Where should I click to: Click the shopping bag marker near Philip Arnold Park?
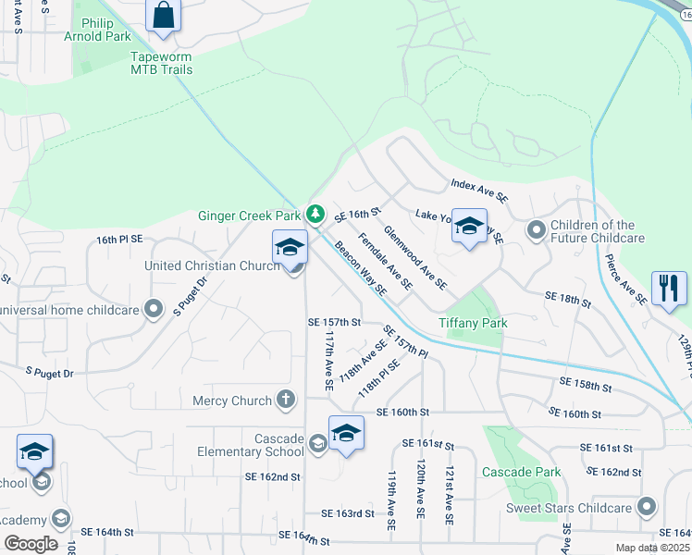(x=163, y=16)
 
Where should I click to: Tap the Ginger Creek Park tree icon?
(x=315, y=215)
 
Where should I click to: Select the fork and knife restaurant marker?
(x=669, y=288)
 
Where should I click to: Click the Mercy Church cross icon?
(x=287, y=401)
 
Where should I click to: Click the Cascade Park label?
(x=522, y=472)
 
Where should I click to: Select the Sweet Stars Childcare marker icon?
(x=647, y=508)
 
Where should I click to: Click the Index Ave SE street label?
(x=480, y=191)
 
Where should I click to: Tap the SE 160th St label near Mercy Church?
(x=402, y=413)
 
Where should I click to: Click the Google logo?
(x=31, y=544)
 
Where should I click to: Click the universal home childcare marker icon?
(x=154, y=309)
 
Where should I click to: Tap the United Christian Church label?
(x=212, y=266)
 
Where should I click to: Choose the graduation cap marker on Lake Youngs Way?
(x=469, y=227)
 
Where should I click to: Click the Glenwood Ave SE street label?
(x=415, y=258)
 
